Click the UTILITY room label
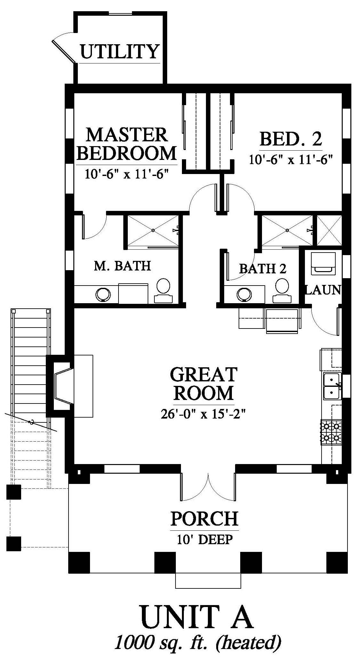[119, 52]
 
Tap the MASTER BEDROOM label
[127, 144]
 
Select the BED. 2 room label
[291, 139]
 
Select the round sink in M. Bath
[103, 295]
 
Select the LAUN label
[323, 290]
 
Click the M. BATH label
[122, 266]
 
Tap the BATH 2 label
[263, 269]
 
